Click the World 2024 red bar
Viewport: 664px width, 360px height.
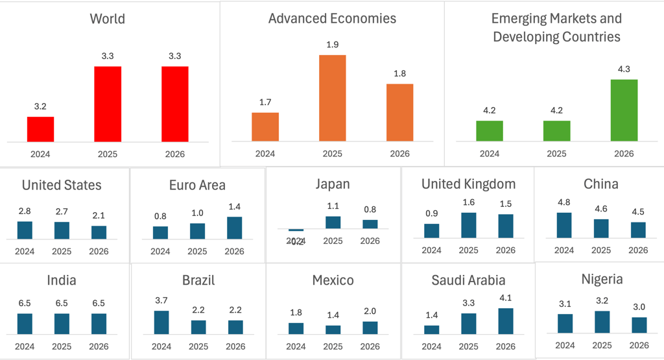[x=40, y=129]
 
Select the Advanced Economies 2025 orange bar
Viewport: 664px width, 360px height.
[x=332, y=98]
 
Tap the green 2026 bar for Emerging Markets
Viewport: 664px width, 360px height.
[x=624, y=110]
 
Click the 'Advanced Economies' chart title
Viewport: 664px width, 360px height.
[x=332, y=18]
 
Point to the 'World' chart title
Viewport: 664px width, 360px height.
[x=108, y=18]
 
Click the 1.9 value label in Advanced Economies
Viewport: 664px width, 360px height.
[x=332, y=45]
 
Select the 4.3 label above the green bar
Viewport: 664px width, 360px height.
[x=624, y=69]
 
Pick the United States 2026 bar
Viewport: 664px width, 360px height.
[x=99, y=232]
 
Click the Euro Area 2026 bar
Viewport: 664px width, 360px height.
[x=234, y=228]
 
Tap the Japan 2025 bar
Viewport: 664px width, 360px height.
[x=333, y=222]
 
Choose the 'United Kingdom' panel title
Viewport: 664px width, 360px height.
[x=468, y=184]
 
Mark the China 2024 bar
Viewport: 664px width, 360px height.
[x=564, y=226]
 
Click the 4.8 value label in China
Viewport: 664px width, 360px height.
[x=564, y=202]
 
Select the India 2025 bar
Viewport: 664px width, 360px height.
[x=62, y=323]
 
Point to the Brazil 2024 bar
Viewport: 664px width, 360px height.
[x=161, y=322]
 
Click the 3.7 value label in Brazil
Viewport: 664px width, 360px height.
[x=161, y=300]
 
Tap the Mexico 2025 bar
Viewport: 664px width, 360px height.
[x=333, y=329]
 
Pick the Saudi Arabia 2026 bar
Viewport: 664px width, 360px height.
[x=506, y=320]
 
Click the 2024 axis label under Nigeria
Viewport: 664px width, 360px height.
[x=565, y=345]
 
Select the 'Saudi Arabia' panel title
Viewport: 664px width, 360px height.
[x=468, y=281]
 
